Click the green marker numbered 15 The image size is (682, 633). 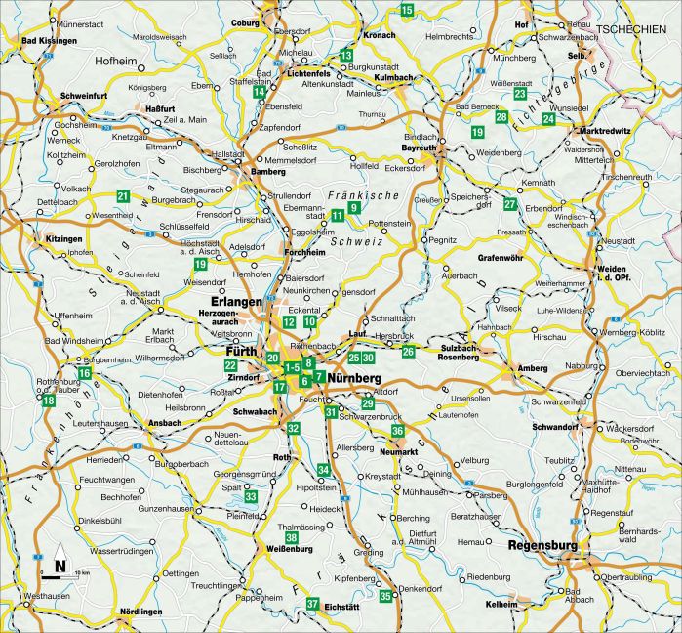coord(406,11)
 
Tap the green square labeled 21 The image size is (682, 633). coord(123,196)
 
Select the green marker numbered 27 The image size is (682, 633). coord(510,204)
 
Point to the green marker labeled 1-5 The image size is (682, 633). coord(292,367)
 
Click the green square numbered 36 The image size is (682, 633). coord(397,431)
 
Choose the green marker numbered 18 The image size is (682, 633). coord(48,399)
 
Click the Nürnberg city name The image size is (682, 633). coord(354,377)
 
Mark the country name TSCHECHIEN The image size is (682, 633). coord(638,28)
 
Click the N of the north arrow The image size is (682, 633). coord(60,565)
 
